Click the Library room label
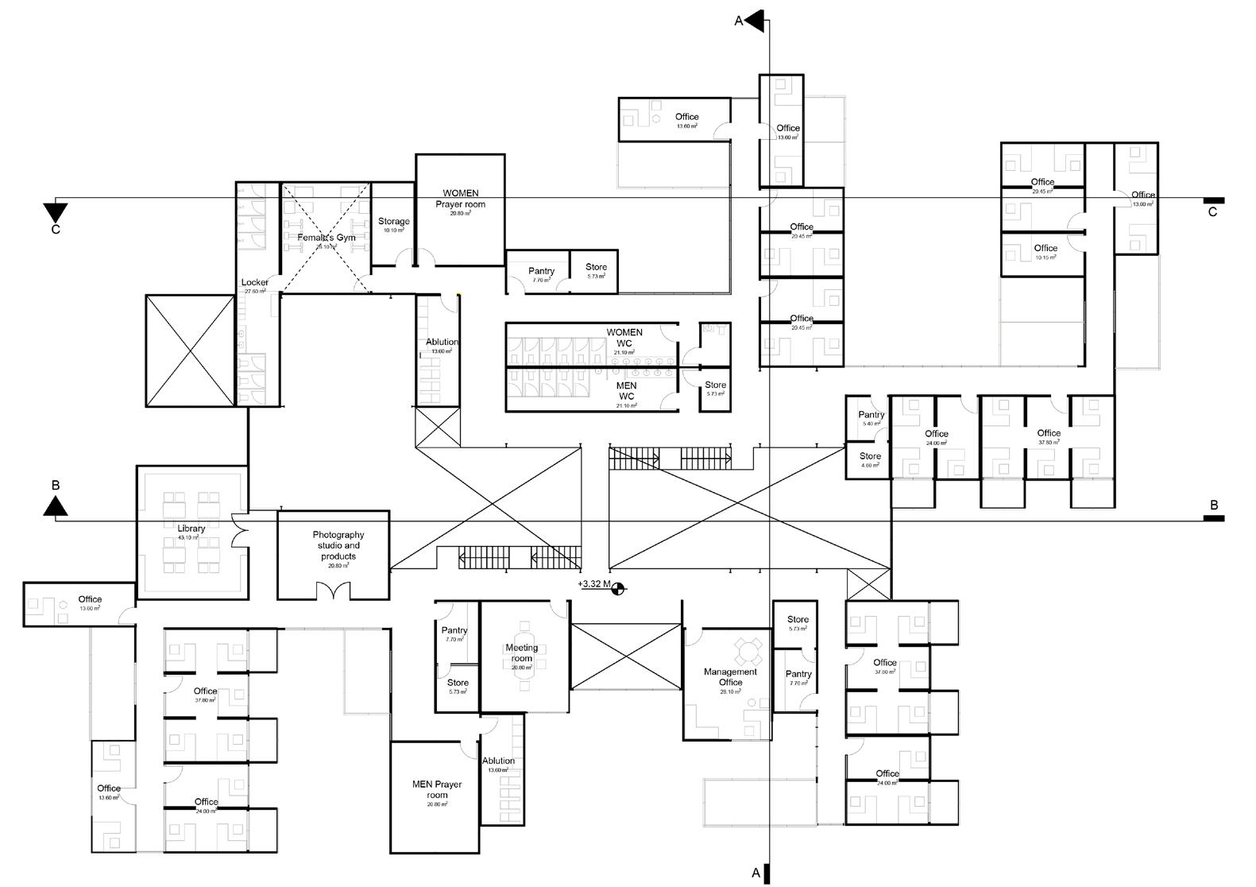click(x=191, y=529)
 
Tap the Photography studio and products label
click(x=338, y=545)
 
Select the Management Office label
click(x=731, y=677)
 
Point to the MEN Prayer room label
click(x=437, y=789)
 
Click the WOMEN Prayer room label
click(x=460, y=199)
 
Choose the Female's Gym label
click(x=327, y=238)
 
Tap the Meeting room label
click(x=522, y=653)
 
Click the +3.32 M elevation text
click(x=595, y=584)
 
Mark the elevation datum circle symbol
click(x=619, y=588)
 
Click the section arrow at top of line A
click(x=755, y=21)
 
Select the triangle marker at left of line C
click(x=56, y=213)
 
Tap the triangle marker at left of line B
click(x=55, y=505)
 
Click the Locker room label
click(x=255, y=282)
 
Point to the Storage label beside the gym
click(x=393, y=222)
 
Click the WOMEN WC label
click(x=624, y=338)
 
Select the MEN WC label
click(x=627, y=391)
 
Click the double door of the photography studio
click(x=333, y=591)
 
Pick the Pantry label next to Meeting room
click(x=454, y=630)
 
